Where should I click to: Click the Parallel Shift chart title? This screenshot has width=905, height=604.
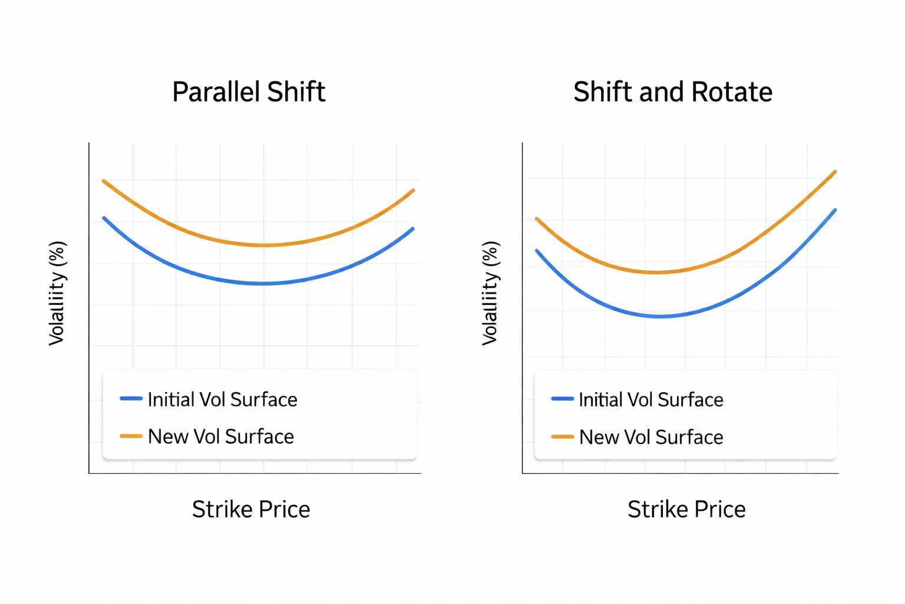point(248,92)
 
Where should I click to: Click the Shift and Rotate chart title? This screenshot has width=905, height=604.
point(672,92)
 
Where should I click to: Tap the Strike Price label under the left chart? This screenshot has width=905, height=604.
point(251,509)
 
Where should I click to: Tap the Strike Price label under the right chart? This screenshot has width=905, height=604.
point(686,509)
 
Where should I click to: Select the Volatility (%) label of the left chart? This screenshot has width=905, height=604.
point(57,293)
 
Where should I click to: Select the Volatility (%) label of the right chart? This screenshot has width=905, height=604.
point(490,293)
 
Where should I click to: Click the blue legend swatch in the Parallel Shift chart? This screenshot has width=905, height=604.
point(131,399)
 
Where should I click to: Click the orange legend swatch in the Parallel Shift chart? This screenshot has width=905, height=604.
point(131,436)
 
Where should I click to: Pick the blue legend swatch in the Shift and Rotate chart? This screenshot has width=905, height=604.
point(562,399)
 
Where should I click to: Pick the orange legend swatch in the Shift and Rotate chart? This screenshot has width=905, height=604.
point(562,436)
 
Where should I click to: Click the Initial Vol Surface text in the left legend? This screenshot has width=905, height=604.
point(222,399)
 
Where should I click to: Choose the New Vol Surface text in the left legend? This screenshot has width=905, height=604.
point(220,436)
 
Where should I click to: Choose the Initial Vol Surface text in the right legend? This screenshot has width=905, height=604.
point(650,399)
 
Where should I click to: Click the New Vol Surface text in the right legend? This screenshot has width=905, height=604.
point(651,437)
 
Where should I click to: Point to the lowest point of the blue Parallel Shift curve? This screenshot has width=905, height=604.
point(263,284)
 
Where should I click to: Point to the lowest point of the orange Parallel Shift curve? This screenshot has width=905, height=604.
point(263,245)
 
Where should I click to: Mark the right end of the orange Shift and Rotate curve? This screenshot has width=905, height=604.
point(835,172)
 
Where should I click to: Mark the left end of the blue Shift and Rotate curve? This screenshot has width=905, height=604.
point(537,251)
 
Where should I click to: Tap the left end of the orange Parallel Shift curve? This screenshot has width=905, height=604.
point(104,181)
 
